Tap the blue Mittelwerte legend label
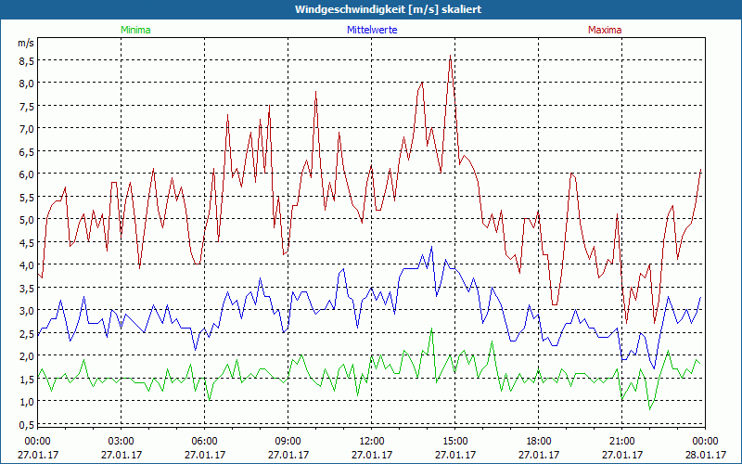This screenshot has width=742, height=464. [x=371, y=30]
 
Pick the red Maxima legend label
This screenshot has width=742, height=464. [x=605, y=30]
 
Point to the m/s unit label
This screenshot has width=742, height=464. [x=25, y=43]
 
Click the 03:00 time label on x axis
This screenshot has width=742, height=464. [x=122, y=441]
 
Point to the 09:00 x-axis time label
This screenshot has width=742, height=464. [x=288, y=441]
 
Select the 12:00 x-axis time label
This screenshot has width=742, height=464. [x=371, y=441]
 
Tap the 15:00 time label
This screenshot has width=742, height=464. [x=454, y=441]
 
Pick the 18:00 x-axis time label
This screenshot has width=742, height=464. [x=538, y=441]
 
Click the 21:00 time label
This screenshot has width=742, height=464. [x=621, y=441]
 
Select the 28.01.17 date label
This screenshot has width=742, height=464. [x=705, y=455]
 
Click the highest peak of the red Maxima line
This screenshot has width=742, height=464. [x=450, y=56]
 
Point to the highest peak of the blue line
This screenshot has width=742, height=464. [x=431, y=246]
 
